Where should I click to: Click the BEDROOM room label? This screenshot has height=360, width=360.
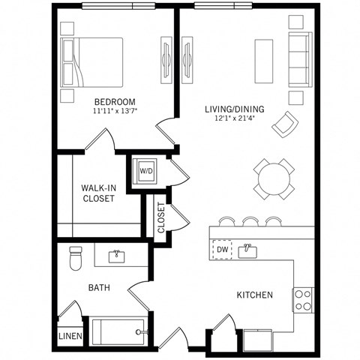click(x=114, y=101)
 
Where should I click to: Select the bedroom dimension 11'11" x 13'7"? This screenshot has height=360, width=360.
click(x=114, y=111)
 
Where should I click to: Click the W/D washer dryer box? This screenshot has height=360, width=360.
click(x=145, y=170)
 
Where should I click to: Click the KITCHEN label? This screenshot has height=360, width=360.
click(x=254, y=295)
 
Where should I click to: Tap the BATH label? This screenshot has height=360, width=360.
click(x=100, y=287)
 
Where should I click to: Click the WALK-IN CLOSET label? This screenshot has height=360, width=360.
click(x=98, y=193)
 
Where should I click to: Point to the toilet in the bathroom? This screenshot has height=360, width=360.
click(x=75, y=259)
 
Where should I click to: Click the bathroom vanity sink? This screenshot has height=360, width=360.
click(x=117, y=256)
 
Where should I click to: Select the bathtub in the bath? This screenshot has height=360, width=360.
click(x=118, y=330)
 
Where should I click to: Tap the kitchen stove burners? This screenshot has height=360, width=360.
click(x=303, y=300)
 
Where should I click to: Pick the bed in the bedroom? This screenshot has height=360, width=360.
click(x=94, y=63)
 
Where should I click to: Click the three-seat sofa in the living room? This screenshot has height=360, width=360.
click(x=299, y=61)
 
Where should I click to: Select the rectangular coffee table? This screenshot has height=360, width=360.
click(x=265, y=61)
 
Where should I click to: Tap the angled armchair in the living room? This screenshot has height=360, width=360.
click(x=285, y=123)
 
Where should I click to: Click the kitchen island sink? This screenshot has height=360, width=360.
click(x=250, y=250)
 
